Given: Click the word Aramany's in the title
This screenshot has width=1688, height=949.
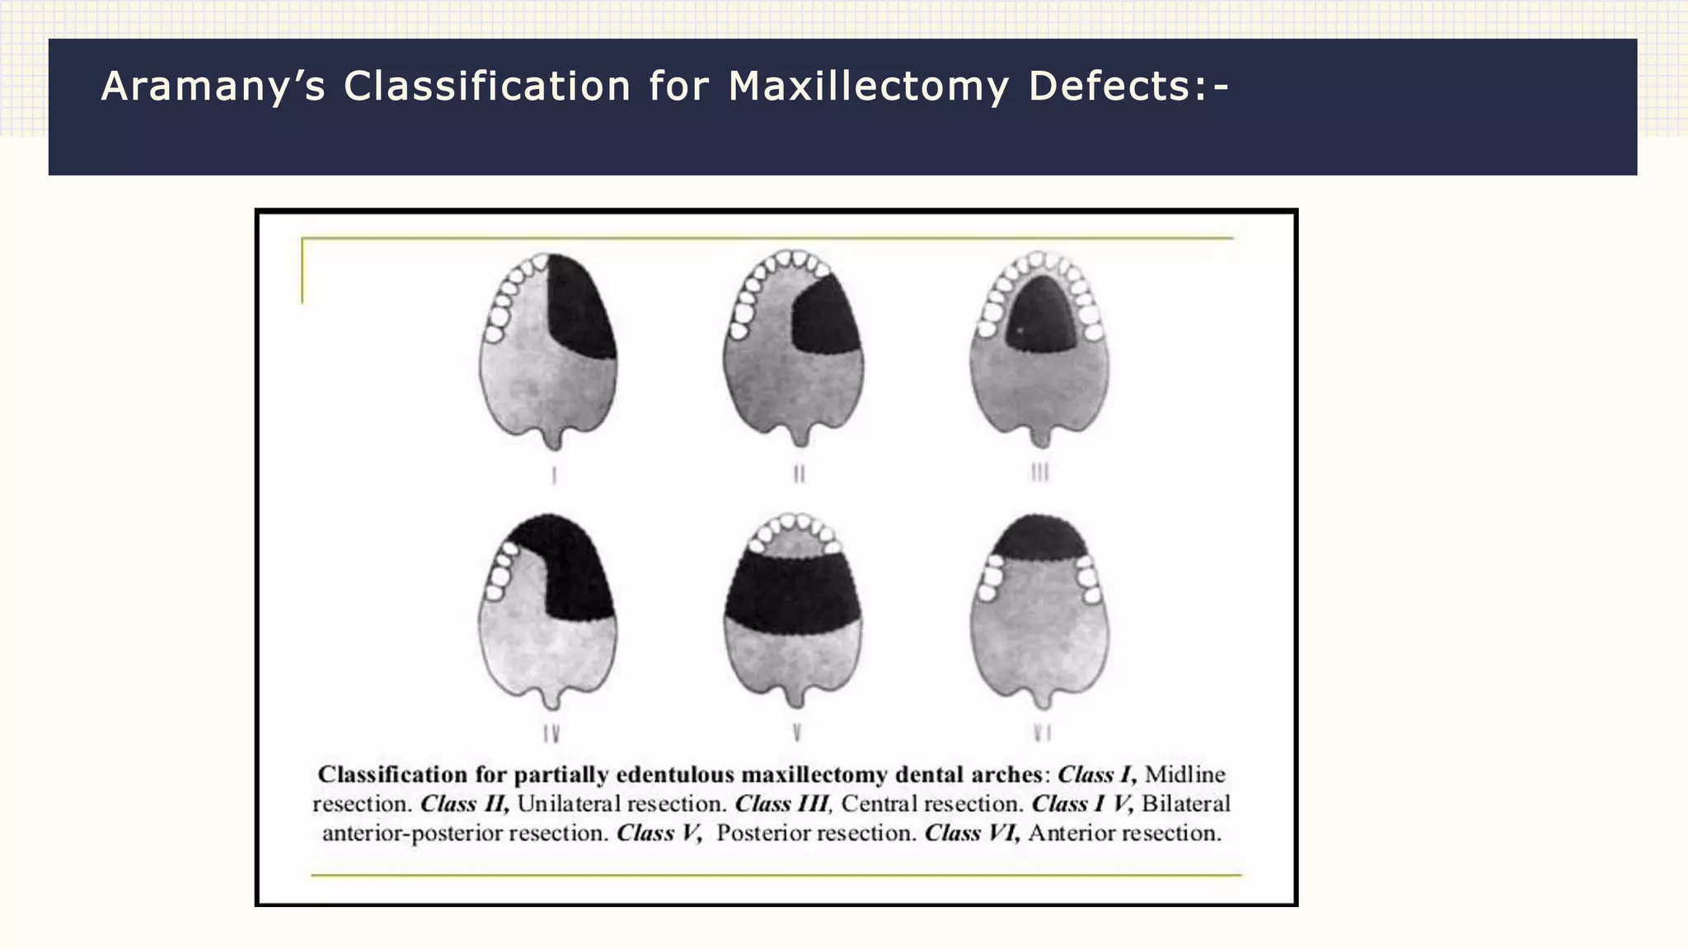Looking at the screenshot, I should click(x=213, y=86).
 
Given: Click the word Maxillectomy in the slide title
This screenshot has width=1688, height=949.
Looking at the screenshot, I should click(x=868, y=86).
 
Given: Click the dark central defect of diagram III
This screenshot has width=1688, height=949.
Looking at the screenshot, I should click(x=1041, y=317).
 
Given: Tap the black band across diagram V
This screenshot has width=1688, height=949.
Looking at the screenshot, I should click(x=793, y=591).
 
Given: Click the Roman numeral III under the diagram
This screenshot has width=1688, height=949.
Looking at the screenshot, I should click(x=1040, y=472).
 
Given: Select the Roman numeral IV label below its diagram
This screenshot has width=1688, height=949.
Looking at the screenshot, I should click(x=551, y=733).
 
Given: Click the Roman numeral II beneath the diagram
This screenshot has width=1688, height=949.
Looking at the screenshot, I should click(x=799, y=474).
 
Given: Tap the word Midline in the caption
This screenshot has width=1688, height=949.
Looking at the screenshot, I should click(x=1185, y=774).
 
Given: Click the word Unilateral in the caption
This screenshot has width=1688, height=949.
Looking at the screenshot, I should click(x=570, y=804).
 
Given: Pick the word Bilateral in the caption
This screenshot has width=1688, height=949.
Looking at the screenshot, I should click(x=1185, y=804).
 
